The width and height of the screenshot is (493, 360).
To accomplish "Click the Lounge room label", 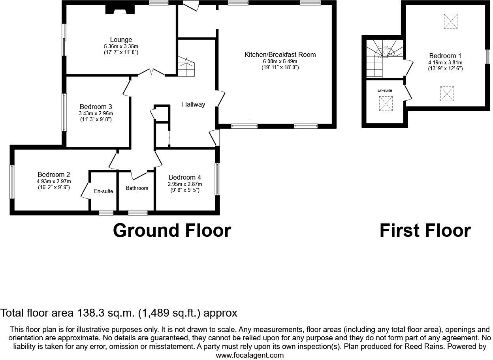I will pyautogui.click(x=121, y=39).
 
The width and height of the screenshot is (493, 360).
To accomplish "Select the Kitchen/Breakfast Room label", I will pyautogui.click(x=280, y=54).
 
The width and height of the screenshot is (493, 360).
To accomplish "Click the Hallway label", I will pyautogui.click(x=194, y=105).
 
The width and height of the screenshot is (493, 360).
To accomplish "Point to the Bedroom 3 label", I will pyautogui.click(x=96, y=107).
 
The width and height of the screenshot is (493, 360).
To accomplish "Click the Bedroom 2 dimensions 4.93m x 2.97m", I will pyautogui.click(x=54, y=182).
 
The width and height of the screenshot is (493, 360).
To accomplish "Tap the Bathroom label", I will pyautogui.click(x=137, y=188).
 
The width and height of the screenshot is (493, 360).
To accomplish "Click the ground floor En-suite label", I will pyautogui.click(x=103, y=191).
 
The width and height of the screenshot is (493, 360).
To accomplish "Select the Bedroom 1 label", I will pyautogui.click(x=445, y=56).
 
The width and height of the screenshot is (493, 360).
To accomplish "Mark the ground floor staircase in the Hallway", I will pyautogui.click(x=186, y=67).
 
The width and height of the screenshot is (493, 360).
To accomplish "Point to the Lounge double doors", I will pyautogui.click(x=152, y=72).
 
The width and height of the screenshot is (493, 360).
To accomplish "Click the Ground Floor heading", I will pyautogui.click(x=172, y=231).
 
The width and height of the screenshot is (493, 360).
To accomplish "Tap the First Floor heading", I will pyautogui.click(x=425, y=231).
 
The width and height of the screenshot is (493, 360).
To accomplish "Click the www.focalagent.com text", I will pyautogui.click(x=250, y=355).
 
